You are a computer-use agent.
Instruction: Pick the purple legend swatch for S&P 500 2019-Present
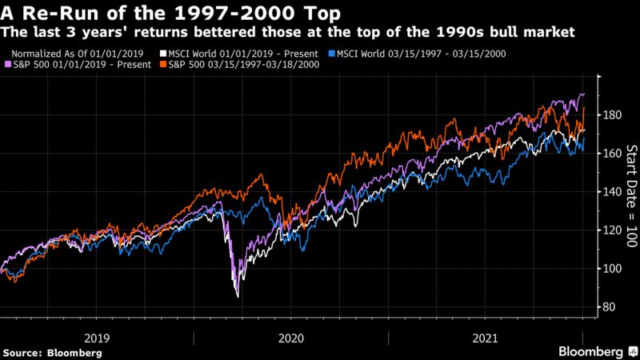pyautogui.click(x=7, y=63)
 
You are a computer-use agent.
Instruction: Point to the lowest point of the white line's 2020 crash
pyautogui.click(x=237, y=297)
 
